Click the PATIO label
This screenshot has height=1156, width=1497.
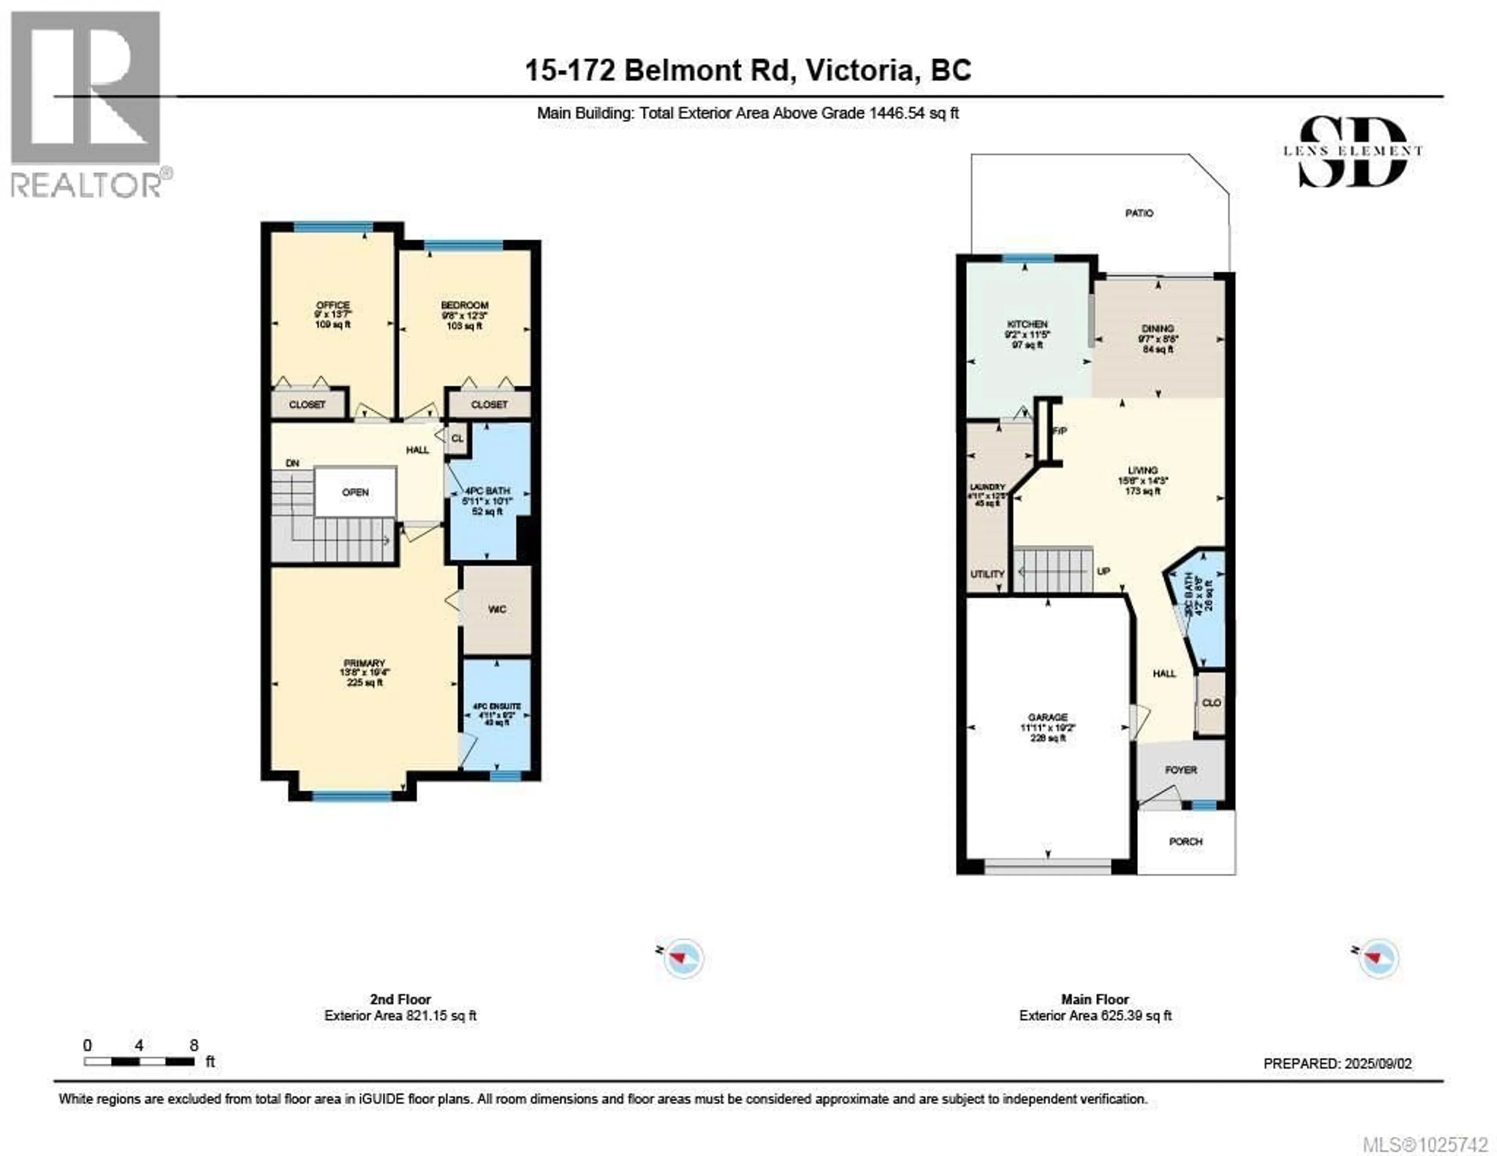tap(1139, 213)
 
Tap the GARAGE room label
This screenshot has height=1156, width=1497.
tap(1048, 718)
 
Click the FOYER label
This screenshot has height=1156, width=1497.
tap(1181, 770)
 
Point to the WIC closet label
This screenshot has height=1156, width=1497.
tap(497, 609)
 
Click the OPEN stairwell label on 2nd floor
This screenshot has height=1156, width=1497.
tap(355, 492)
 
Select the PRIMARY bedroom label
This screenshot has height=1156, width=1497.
tap(364, 663)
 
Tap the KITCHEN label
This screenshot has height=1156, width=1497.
tap(1027, 324)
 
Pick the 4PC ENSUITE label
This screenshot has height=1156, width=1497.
tap(496, 706)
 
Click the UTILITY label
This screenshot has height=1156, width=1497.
tap(987, 574)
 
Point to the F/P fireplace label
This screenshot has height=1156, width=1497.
tap(1060, 431)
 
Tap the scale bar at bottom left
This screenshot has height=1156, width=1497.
tap(139, 1061)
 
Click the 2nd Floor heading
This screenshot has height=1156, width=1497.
tap(400, 999)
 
